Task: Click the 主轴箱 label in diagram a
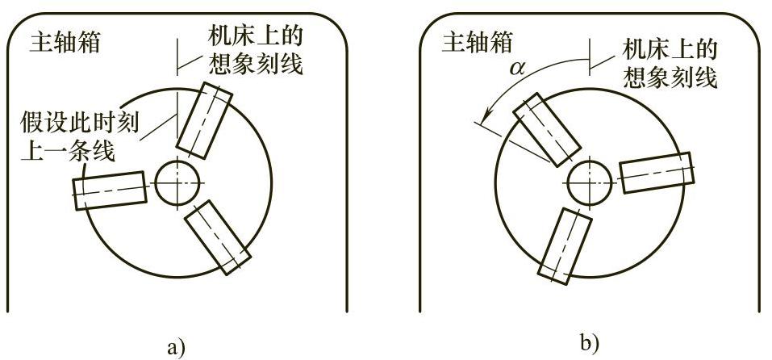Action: pos(65,43)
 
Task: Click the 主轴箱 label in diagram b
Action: pos(477,43)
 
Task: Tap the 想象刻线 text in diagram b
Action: pos(670,77)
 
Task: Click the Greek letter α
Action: pos(517,69)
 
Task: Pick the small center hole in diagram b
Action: pos(587,183)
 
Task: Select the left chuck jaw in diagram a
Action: pos(111,190)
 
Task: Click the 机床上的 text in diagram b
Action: pos(670,50)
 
